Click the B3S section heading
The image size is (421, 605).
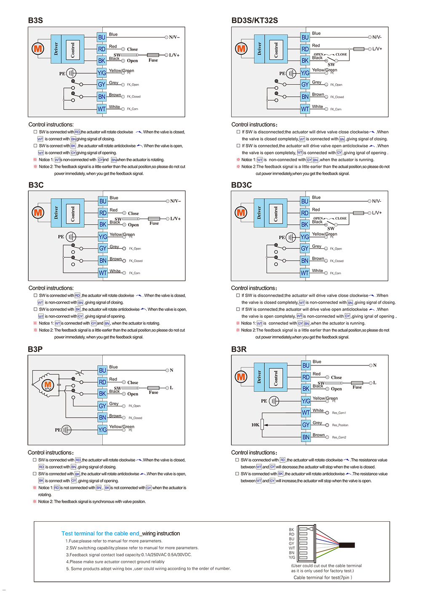pyautogui.click(x=35, y=20)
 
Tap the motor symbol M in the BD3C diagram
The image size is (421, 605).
pyautogui.click(x=241, y=213)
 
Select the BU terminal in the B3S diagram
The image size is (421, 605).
pyautogui.click(x=102, y=37)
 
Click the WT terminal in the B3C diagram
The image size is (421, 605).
pyautogui.click(x=103, y=273)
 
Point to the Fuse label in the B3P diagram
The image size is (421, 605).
pyautogui.click(x=153, y=392)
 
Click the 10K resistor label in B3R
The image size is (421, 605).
pyautogui.click(x=255, y=425)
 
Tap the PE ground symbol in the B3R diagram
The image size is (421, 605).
pyautogui.click(x=274, y=401)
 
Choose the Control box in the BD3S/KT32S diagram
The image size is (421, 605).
pyautogui.click(x=276, y=49)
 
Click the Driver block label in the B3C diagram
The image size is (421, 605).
pyautogui.click(x=56, y=213)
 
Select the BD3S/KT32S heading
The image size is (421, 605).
pyautogui.click(x=254, y=20)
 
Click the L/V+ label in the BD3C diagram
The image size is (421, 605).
pyautogui.click(x=377, y=213)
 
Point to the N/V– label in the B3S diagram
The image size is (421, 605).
pyautogui.click(x=174, y=37)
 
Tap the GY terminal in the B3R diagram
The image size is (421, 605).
pyautogui.click(x=306, y=425)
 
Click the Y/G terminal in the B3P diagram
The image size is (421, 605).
pyautogui.click(x=102, y=430)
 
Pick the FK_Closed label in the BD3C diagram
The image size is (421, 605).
pyautogui.click(x=337, y=261)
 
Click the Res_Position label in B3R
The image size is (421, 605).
pyautogui.click(x=340, y=425)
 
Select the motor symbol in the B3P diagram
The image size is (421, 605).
pyautogui.click(x=48, y=384)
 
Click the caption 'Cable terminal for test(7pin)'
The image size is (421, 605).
pyautogui.click(x=322, y=578)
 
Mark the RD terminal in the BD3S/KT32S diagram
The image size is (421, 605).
pyautogui.click(x=305, y=49)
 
